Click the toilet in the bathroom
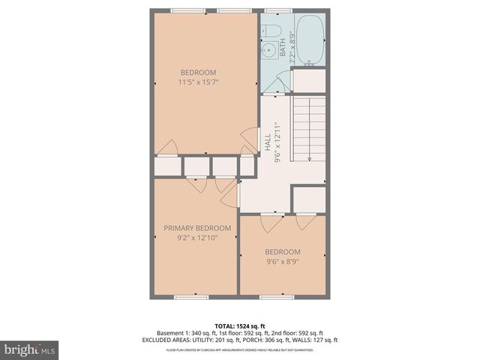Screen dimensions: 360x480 tap(273, 31)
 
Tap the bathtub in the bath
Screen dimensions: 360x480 tap(310, 38)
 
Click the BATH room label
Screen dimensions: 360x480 tap(283, 49)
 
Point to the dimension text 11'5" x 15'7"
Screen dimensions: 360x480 tap(199, 82)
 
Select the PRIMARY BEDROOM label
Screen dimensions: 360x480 tap(197, 228)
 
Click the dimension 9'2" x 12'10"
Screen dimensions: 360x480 tap(197, 238)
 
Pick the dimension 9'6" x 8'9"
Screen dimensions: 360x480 tap(283, 262)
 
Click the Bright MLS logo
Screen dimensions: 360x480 tap(30, 350)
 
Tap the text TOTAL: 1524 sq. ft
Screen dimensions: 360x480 tap(240, 325)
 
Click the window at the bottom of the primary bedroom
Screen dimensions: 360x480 tap(191, 297)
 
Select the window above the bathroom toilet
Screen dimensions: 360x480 tap(278, 10)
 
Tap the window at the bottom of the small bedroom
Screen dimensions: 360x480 tap(277, 297)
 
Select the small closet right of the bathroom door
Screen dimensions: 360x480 tap(308, 80)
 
